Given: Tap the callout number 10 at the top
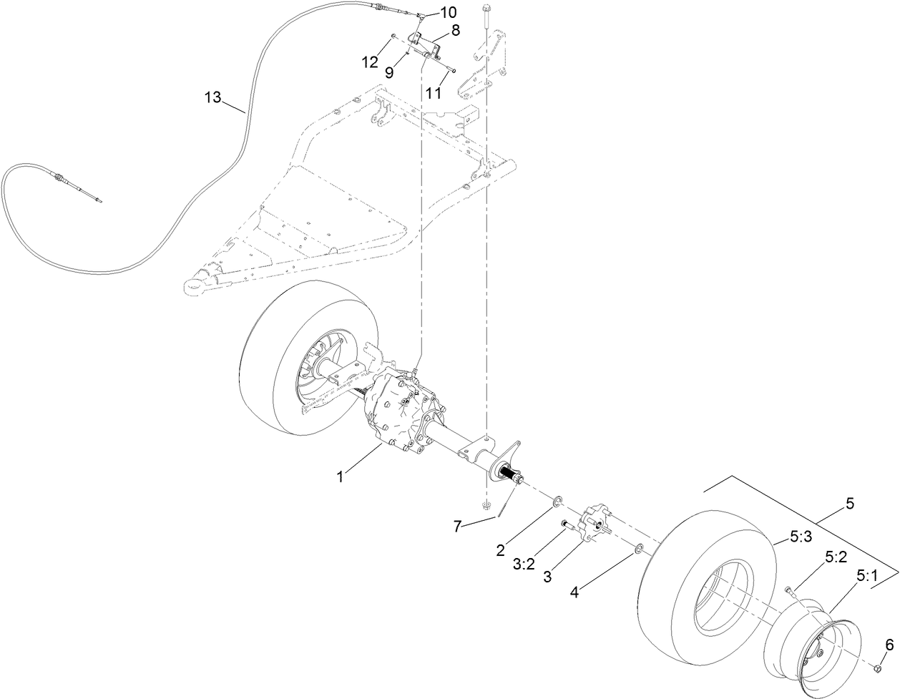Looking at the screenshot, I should click(446, 13).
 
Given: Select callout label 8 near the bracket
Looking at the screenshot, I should click(455, 31).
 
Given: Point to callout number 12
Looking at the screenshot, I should click(369, 62).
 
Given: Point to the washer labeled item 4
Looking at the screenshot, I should click(637, 549).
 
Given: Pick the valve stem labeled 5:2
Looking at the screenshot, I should click(788, 590).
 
